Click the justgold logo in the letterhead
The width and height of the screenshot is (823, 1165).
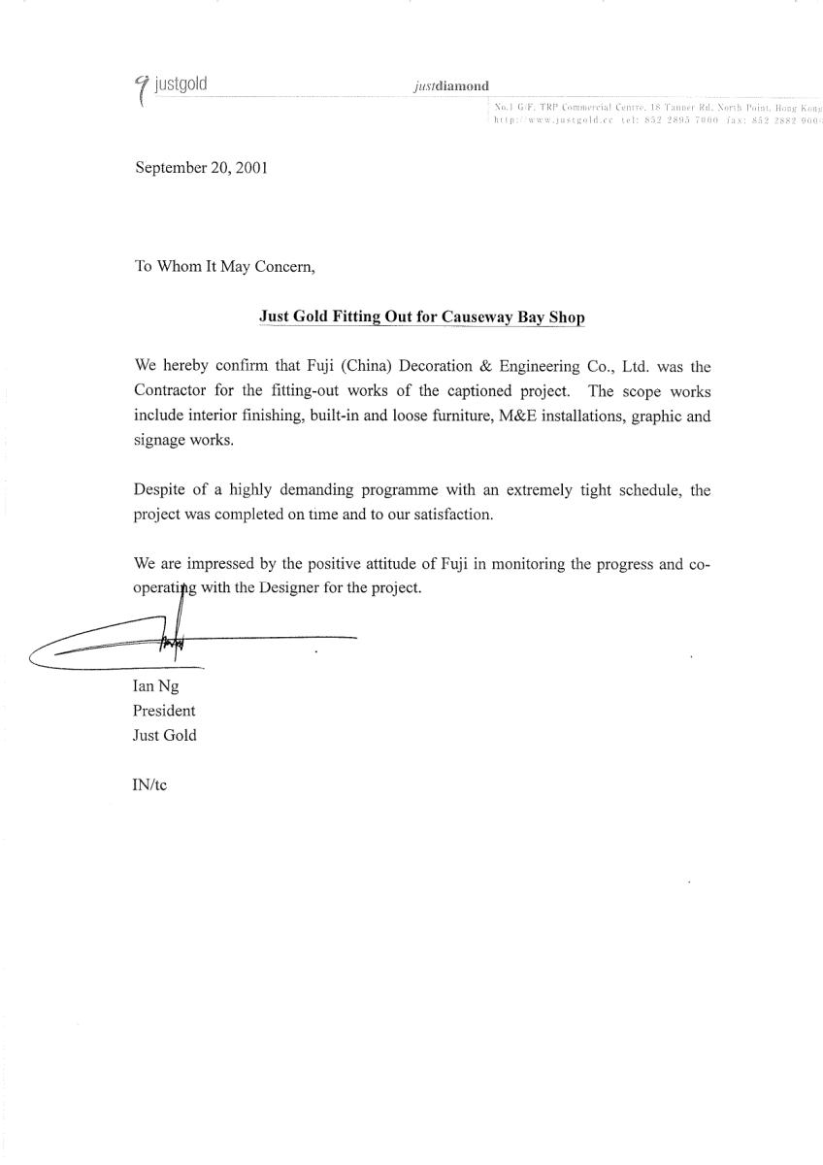tap(172, 85)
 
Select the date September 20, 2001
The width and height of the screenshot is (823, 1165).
tap(201, 167)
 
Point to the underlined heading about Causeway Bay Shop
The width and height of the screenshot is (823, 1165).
tap(422, 316)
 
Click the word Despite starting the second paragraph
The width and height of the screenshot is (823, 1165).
tap(159, 490)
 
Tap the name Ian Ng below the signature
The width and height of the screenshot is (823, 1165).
tap(155, 685)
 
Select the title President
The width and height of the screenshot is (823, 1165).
tap(164, 710)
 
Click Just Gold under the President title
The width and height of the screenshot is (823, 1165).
tap(164, 735)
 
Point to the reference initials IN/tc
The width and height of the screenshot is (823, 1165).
tap(149, 784)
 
